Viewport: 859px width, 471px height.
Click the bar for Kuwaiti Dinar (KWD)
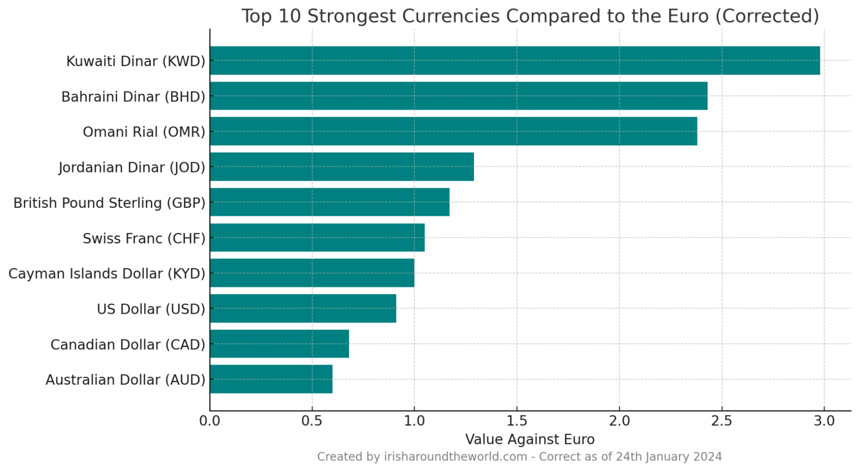514,61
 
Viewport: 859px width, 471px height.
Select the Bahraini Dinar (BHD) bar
458,96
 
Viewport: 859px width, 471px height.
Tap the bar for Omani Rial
453,132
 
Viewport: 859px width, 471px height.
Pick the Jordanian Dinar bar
341,167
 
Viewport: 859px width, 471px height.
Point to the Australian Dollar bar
271,379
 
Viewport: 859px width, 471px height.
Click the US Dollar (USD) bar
302,308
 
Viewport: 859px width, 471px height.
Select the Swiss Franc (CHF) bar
317,238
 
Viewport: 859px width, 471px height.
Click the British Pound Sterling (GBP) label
109,203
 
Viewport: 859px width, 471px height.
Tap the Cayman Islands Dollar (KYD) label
107,274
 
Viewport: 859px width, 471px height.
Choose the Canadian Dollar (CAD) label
128,345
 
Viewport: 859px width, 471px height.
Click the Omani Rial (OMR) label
144,132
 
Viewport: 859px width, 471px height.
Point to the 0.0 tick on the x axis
210,421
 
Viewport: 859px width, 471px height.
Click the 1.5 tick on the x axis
517,421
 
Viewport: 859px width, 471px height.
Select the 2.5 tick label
722,421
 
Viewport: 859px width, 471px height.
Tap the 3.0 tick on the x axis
824,421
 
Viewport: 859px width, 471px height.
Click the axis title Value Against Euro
529,439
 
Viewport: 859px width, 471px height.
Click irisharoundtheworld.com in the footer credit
455,457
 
